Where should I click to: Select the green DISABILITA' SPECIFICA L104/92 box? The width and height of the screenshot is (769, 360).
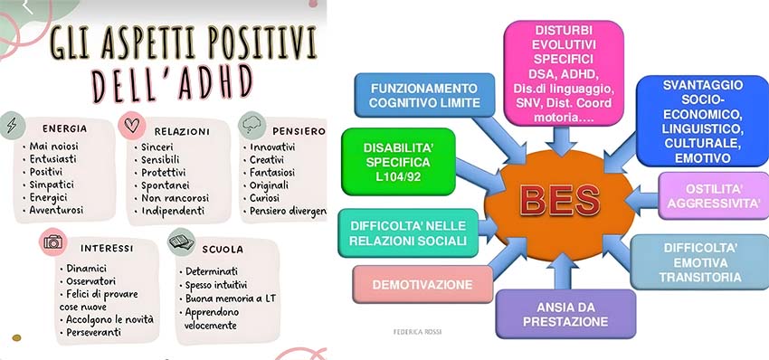[x=398, y=162]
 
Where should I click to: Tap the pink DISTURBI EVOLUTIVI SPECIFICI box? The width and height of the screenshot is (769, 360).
[x=564, y=73]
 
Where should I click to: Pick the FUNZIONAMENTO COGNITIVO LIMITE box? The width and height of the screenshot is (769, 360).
[x=424, y=96]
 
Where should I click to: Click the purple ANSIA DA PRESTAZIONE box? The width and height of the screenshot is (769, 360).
[x=565, y=315]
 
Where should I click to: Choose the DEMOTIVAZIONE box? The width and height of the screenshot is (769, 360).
[x=422, y=284]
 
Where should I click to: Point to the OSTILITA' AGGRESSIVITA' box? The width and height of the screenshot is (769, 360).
[x=713, y=195]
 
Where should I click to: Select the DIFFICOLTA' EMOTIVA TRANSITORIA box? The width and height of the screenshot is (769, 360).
[x=700, y=262]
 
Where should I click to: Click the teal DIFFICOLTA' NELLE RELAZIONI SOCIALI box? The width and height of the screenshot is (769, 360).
[x=408, y=233]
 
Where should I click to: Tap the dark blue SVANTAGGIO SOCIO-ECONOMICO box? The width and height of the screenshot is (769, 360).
[x=702, y=121]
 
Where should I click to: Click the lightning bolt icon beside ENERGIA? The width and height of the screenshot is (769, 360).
[x=12, y=125]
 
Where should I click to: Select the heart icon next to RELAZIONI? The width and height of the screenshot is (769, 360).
[x=132, y=126]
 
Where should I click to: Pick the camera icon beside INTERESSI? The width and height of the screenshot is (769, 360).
[x=53, y=242]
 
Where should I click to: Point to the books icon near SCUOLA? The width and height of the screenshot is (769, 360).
[x=182, y=242]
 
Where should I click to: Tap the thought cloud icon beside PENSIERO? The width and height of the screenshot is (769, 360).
[x=252, y=126]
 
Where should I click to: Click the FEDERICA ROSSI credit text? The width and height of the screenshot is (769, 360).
[x=417, y=332]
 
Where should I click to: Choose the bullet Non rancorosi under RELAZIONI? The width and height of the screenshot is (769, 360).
[x=172, y=198]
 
